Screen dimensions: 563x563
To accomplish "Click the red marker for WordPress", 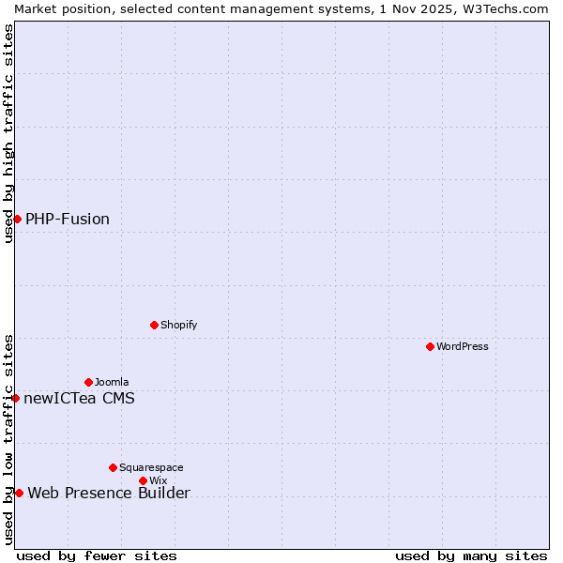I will point(430,346).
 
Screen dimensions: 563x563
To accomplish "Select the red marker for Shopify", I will point(154,325).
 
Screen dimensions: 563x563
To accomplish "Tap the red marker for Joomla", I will point(88,382).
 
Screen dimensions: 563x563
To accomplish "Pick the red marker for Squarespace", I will point(113,467).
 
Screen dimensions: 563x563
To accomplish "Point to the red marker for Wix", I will point(143,480).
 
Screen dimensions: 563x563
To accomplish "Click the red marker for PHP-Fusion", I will point(17,219).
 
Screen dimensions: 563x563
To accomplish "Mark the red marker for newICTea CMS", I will point(15,398).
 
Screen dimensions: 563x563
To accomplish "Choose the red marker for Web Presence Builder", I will point(19,493).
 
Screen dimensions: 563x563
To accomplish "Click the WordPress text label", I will point(463,346).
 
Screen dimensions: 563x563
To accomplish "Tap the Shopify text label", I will point(178,325).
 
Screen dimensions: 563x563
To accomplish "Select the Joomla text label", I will point(112,382).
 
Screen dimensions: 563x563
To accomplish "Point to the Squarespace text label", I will point(151,467).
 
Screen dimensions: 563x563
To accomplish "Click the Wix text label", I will point(158,480).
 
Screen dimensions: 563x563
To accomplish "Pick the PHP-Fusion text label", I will point(68,219).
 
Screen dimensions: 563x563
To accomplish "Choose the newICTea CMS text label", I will point(79,398).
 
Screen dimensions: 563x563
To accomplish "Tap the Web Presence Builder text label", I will point(109,493).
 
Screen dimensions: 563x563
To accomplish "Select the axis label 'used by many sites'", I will point(471,555).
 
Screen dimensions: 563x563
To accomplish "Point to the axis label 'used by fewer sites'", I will point(97,555).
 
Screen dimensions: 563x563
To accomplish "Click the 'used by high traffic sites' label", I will point(8,133).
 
